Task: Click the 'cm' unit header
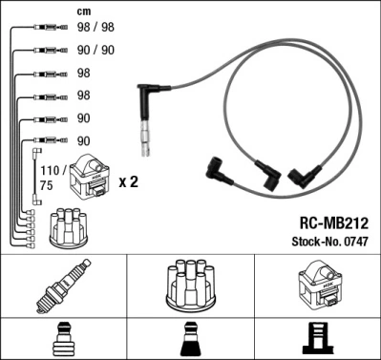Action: [83, 12]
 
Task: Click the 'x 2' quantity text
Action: [126, 181]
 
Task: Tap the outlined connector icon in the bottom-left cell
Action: [62, 339]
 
